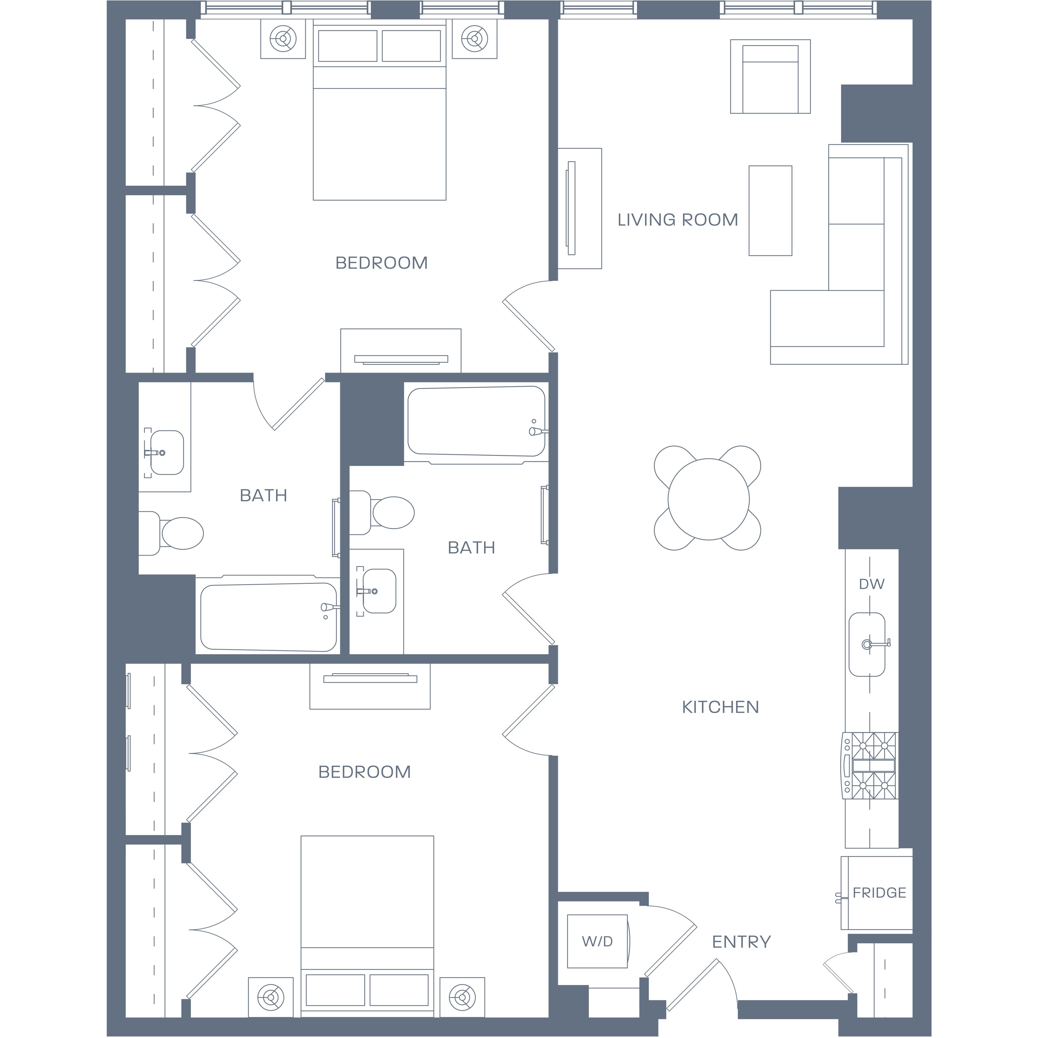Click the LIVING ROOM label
[677, 220]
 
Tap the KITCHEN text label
[720, 707]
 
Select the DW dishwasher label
[872, 584]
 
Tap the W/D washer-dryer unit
[598, 941]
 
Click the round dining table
[709, 499]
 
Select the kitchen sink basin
[867, 644]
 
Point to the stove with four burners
[869, 766]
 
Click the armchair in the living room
[770, 76]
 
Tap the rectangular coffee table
[770, 211]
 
